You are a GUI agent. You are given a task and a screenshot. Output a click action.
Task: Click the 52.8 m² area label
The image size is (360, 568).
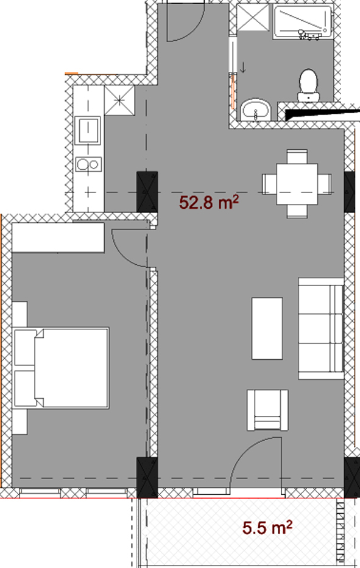(x=209, y=202)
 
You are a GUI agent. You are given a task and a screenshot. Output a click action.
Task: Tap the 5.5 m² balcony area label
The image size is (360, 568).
(x=267, y=527)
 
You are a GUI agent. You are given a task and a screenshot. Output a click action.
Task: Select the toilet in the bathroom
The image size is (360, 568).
(x=308, y=85)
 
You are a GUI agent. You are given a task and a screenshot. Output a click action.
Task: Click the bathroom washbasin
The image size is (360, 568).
(x=256, y=109)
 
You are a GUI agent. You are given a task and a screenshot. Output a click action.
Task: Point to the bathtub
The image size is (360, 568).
(x=303, y=22)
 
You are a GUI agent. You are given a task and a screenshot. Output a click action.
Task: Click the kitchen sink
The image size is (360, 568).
(x=87, y=130)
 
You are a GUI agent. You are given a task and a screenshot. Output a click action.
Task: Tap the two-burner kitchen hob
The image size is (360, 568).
(x=88, y=164)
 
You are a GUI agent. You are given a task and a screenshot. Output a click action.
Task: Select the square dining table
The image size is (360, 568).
(x=297, y=184)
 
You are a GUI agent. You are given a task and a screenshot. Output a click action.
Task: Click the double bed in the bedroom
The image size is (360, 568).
(x=61, y=368)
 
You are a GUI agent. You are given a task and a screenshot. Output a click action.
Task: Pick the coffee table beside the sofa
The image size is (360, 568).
(x=267, y=328)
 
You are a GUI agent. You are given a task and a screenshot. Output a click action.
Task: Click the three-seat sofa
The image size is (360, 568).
(x=321, y=329)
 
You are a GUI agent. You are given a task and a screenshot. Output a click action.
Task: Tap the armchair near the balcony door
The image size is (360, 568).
(x=267, y=410)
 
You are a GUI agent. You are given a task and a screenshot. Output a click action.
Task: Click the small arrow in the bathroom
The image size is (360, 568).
(x=243, y=67)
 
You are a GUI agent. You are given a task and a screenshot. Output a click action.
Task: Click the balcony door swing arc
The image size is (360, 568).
(x=247, y=452)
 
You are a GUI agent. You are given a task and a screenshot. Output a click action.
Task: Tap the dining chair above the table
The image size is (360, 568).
(x=297, y=156)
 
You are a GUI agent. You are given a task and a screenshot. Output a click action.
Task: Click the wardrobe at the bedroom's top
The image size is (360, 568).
(x=58, y=237)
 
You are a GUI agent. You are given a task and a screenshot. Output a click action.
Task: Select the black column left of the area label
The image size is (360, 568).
(x=147, y=192)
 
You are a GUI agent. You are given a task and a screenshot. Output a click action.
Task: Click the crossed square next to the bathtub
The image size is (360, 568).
(x=253, y=18)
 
